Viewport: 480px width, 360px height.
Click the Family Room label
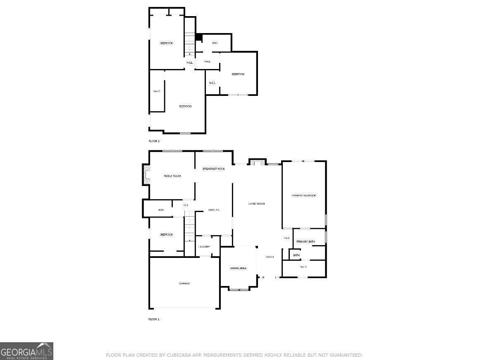coord(172,176)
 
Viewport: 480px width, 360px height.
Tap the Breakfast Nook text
coord(213,169)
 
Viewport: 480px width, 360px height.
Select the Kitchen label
coord(214,210)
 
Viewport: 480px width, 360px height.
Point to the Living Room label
coord(256,204)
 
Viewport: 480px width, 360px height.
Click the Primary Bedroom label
coord(303,195)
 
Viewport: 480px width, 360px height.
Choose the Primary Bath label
coord(306,242)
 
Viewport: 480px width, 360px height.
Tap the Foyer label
coord(270,257)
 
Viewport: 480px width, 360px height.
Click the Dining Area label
coord(238,268)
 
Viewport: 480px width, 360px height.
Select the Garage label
coord(184,284)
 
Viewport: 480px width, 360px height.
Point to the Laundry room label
coord(204,247)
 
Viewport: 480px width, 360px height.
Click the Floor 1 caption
coord(154,319)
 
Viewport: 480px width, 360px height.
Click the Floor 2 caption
coord(154,141)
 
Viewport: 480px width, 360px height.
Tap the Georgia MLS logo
coord(26,351)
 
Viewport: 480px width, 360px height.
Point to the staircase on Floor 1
coord(189,226)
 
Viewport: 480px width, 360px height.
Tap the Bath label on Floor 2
coord(215,43)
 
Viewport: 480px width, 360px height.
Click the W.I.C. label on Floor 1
coord(303,267)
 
